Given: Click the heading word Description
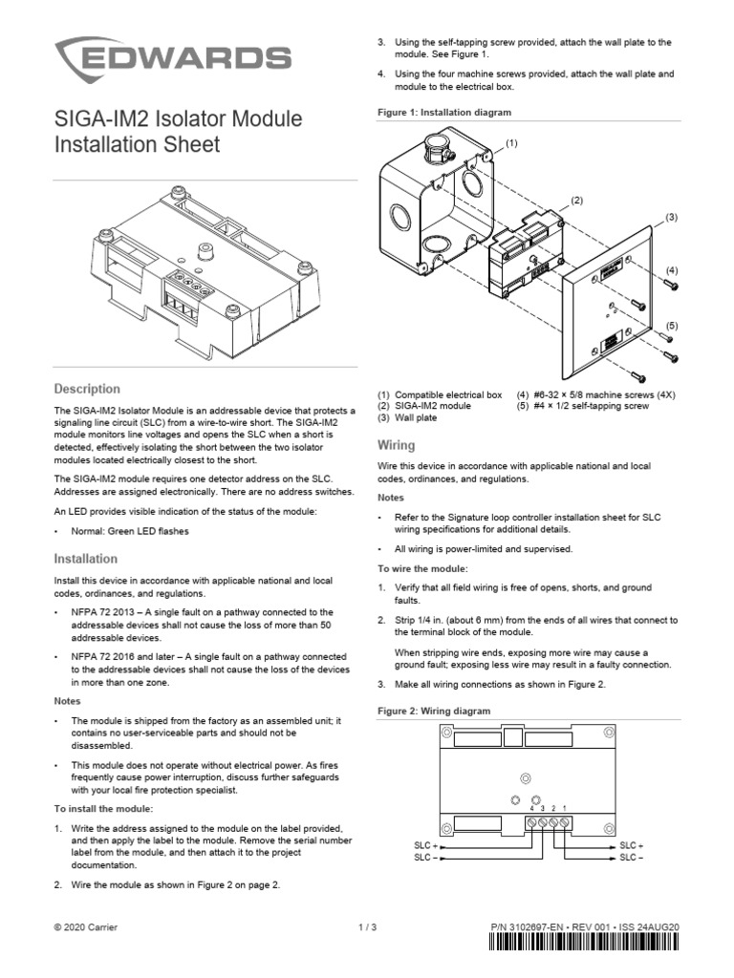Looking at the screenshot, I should [86, 389].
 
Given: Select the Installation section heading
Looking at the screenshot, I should [85, 559].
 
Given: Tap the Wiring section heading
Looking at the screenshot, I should [396, 445].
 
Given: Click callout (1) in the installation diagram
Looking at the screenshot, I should [512, 142].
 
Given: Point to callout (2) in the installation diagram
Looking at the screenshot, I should [576, 200].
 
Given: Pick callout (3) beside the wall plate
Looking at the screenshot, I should [671, 218].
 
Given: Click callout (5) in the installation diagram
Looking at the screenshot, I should [671, 326].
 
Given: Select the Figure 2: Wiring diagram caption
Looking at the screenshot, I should [434, 712].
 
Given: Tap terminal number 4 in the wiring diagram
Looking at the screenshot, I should [531, 808].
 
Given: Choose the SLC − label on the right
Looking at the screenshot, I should [632, 858].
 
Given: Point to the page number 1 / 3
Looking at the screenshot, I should [368, 926].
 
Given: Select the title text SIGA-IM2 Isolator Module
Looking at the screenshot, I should [178, 119].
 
